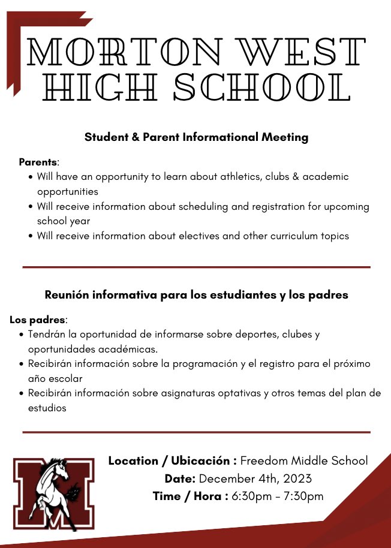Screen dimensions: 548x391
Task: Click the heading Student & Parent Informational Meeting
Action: (x=196, y=137)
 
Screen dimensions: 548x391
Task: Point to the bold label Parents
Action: (x=38, y=162)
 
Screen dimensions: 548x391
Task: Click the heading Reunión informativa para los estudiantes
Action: (x=196, y=295)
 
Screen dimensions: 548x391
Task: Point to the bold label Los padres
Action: (x=38, y=320)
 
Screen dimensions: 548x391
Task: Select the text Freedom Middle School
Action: (x=304, y=461)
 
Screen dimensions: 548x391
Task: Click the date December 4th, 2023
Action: (x=255, y=478)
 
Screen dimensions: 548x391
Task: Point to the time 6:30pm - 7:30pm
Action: (x=277, y=496)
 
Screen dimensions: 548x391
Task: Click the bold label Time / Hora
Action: (x=190, y=496)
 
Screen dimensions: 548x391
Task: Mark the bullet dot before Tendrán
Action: (x=22, y=335)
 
